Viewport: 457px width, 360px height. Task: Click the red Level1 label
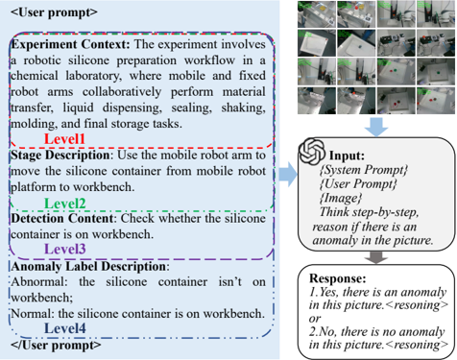[x=64, y=139]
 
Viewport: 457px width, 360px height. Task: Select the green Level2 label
[x=64, y=204]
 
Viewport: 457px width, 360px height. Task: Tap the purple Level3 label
[x=64, y=249]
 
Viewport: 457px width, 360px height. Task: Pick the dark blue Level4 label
[x=64, y=328]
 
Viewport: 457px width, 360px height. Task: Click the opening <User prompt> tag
[x=54, y=12]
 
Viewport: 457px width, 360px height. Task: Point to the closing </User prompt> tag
[x=56, y=345]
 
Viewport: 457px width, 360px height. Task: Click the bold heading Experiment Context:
[x=71, y=44]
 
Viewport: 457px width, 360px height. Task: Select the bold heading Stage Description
[x=60, y=156]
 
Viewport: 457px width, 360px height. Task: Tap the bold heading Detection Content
[x=62, y=219]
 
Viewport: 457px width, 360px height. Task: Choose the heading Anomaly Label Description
[x=88, y=266]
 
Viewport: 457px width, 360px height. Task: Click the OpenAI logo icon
[x=312, y=151]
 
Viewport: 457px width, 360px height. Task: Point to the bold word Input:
[x=348, y=156]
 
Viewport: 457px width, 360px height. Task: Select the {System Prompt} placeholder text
[x=364, y=170]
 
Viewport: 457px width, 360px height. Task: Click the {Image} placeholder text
[x=341, y=198]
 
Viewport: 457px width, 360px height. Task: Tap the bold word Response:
[x=338, y=278]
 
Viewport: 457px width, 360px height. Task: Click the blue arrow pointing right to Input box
[x=288, y=174]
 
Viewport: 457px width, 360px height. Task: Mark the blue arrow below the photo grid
[x=376, y=127]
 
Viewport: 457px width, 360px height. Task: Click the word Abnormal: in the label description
[x=39, y=282]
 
